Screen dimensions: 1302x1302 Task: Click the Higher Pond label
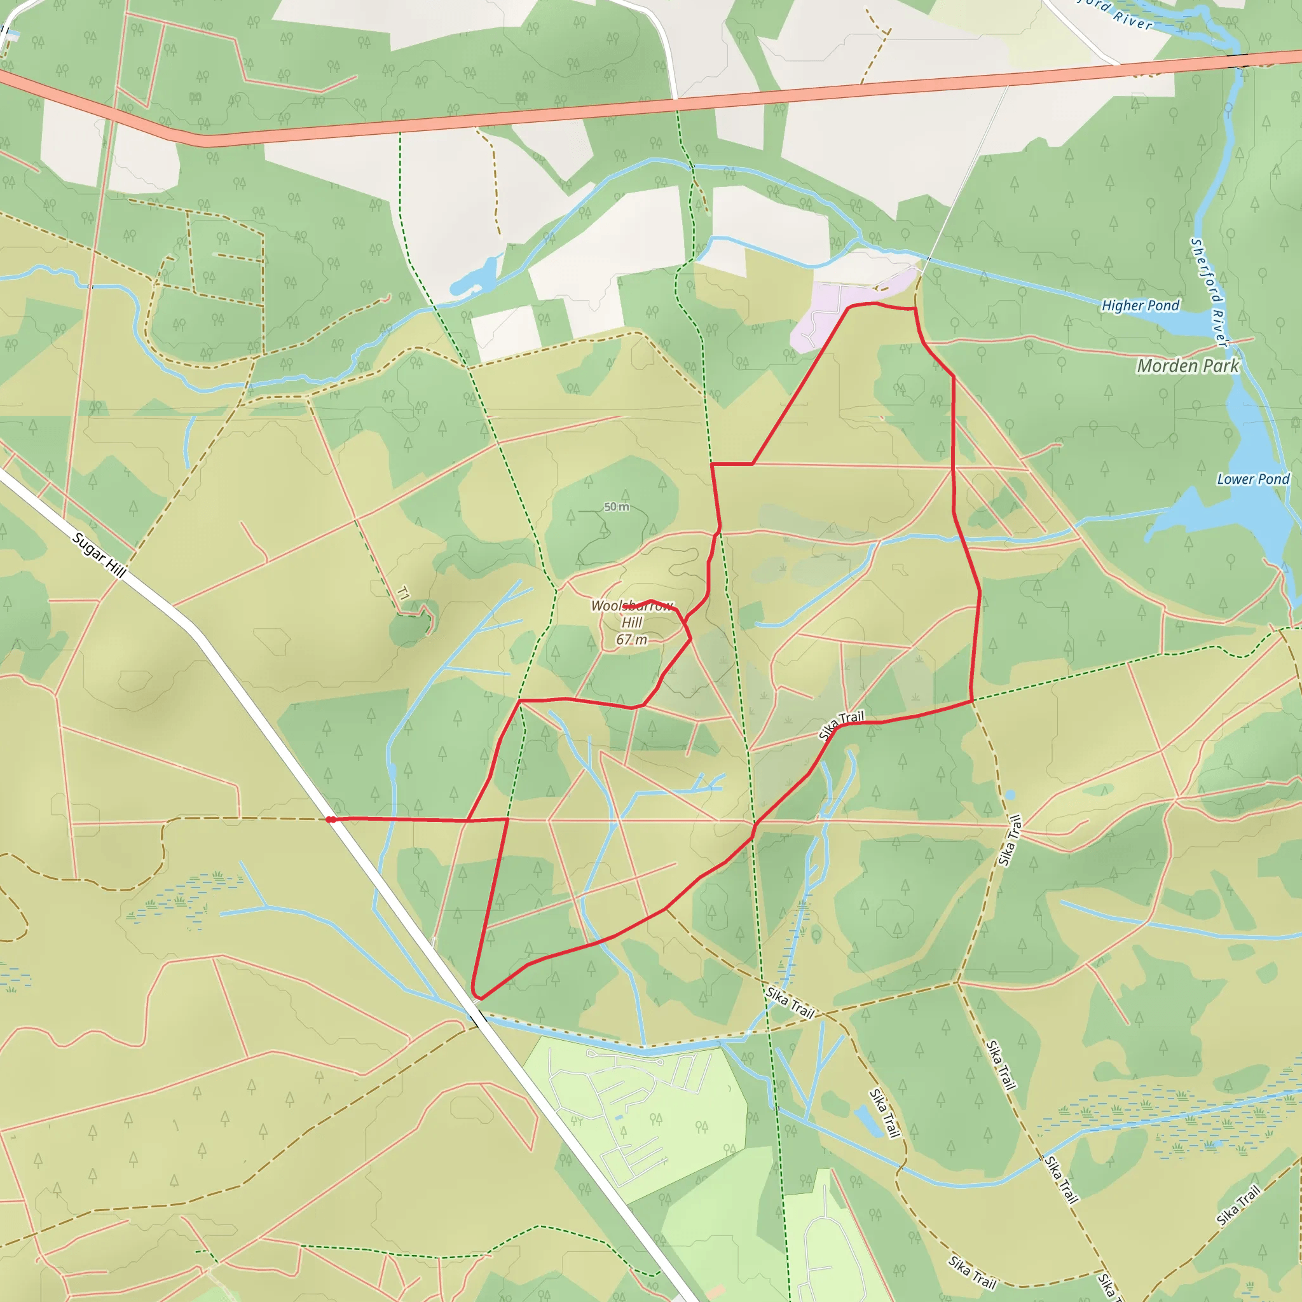point(1141,305)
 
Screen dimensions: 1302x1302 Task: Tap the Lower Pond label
point(1253,479)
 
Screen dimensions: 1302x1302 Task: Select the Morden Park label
point(1188,366)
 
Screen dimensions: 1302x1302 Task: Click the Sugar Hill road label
point(99,554)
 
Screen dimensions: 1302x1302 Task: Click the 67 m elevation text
point(631,640)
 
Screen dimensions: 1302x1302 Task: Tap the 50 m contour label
point(616,507)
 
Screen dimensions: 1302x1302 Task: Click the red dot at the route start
point(329,819)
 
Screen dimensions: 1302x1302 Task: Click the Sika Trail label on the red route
point(841,725)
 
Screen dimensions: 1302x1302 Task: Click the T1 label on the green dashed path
point(403,594)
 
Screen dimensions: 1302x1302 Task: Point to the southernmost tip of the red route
point(477,998)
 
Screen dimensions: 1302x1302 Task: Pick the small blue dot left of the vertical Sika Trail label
point(1009,795)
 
